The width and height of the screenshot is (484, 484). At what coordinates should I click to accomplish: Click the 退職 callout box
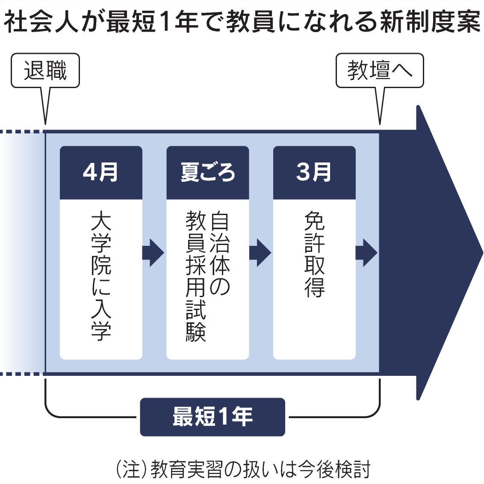coord(45,71)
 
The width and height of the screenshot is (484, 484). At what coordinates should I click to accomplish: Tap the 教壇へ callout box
coord(380,71)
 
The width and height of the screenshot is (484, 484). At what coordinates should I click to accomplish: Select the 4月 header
coord(101,173)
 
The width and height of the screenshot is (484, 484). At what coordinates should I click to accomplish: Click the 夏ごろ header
coord(208,173)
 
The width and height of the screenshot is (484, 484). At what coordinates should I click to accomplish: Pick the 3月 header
coord(314,173)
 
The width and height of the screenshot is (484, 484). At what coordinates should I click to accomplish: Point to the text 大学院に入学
coord(101,276)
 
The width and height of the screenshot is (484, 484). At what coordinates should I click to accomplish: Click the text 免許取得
coord(315,254)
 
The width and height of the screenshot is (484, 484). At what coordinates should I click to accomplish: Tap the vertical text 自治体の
coord(220,253)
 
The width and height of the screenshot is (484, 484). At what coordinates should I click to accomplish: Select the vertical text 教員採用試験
coord(196,276)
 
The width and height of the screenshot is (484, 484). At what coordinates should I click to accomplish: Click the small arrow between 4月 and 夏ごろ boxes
coord(153,253)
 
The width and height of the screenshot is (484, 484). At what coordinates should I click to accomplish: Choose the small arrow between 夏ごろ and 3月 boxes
coord(260,253)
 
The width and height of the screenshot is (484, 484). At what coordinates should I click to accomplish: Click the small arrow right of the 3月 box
coord(367,253)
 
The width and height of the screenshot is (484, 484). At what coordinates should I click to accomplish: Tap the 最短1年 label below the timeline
coord(212,417)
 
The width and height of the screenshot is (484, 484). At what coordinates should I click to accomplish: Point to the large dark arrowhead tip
coord(483,253)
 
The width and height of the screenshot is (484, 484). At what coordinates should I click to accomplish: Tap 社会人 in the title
coord(40,22)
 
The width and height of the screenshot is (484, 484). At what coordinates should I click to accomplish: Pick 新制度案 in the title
coord(430,22)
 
